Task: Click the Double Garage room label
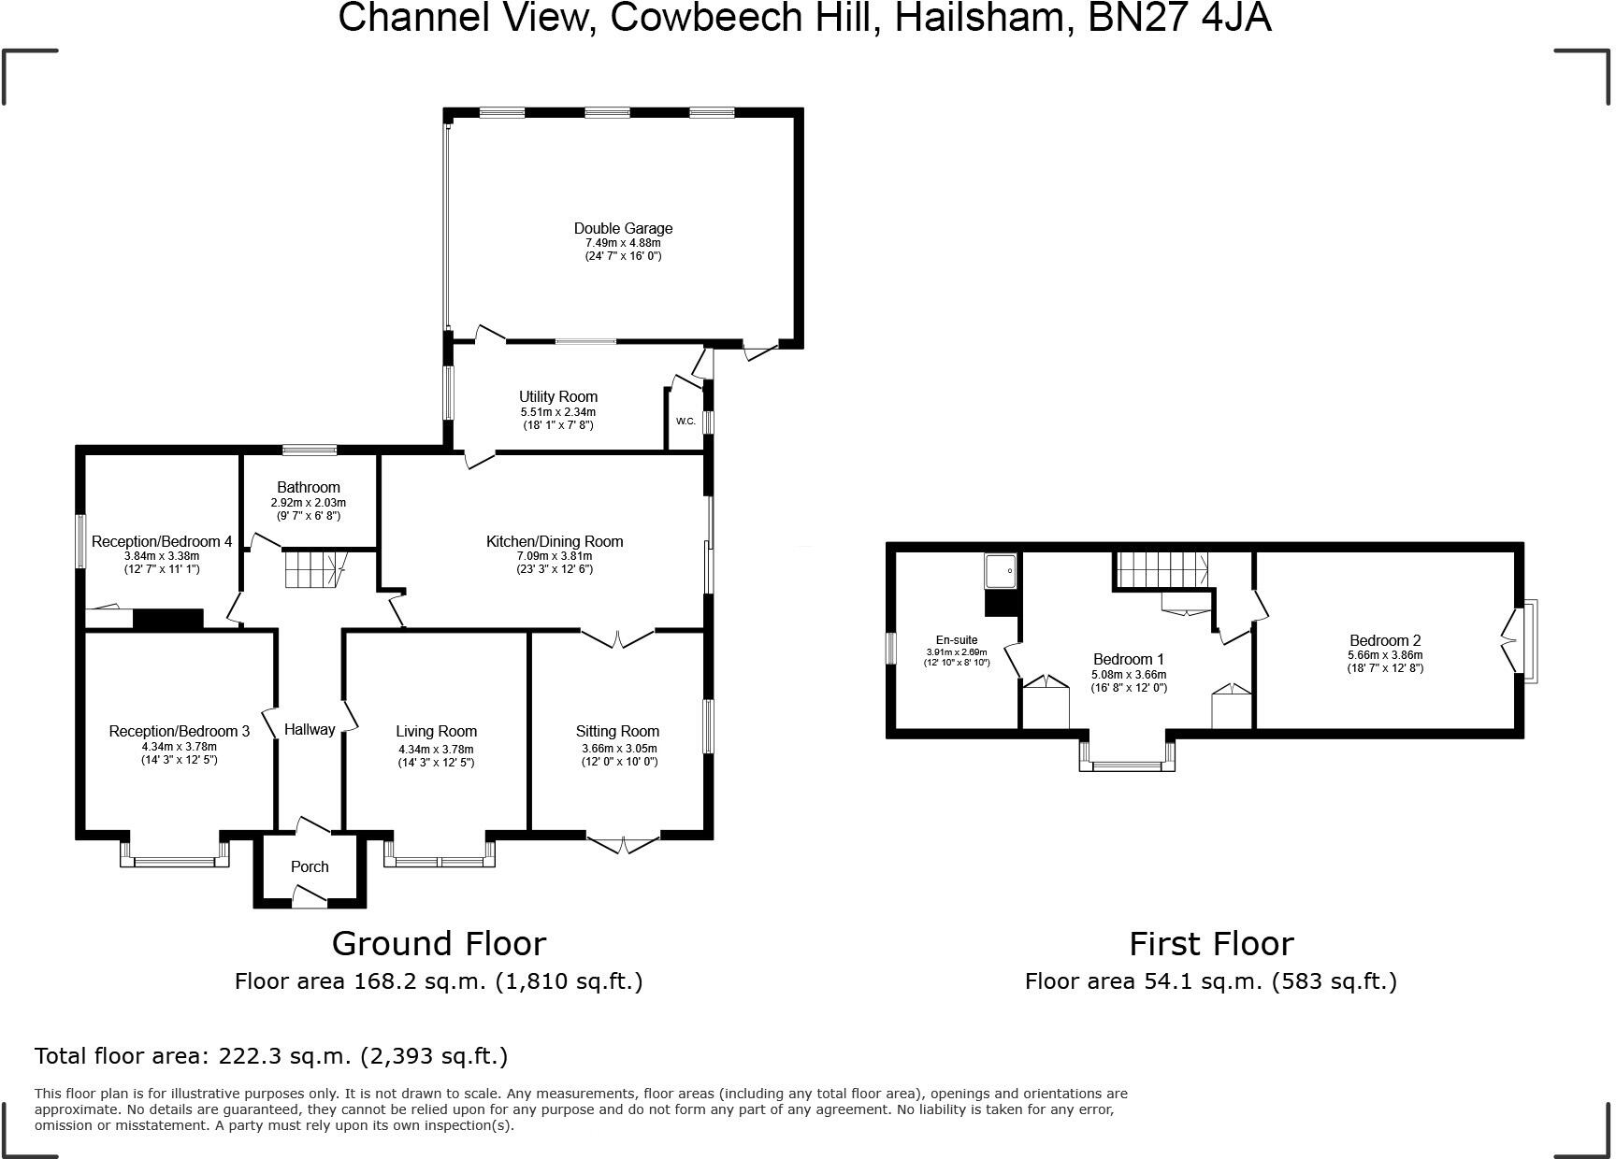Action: [x=623, y=228]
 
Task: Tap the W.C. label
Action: [x=685, y=421]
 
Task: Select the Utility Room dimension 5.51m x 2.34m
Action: [x=558, y=411]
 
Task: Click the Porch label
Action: [x=310, y=866]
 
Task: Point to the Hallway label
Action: [x=310, y=729]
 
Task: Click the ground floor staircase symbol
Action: [x=313, y=569]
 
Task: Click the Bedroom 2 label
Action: [x=1385, y=640]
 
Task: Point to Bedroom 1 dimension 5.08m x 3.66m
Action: [x=1129, y=674]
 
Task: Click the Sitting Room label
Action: [x=617, y=731]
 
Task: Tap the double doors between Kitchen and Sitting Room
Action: [x=617, y=639]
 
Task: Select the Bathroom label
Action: [x=309, y=487]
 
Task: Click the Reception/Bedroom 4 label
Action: [x=162, y=541]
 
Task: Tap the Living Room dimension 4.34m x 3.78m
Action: [x=436, y=749]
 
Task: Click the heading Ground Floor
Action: [x=439, y=943]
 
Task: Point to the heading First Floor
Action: [x=1211, y=943]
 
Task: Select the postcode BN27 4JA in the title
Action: [x=1179, y=18]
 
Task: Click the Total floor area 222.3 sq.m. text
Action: [x=271, y=1056]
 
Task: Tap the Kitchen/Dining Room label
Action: [x=555, y=541]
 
